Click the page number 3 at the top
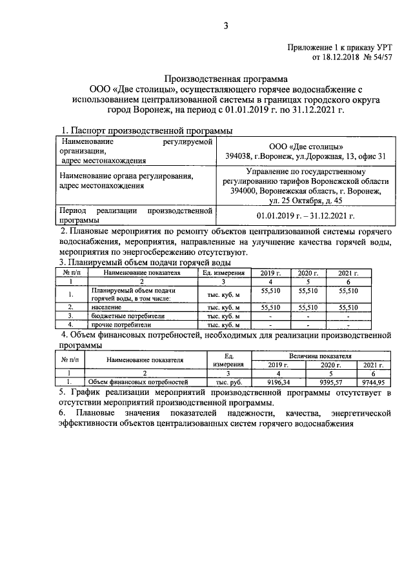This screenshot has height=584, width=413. (226, 26)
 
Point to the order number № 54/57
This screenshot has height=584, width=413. (376, 58)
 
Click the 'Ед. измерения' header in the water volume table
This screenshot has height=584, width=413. (223, 273)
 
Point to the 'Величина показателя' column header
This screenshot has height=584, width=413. (320, 356)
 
